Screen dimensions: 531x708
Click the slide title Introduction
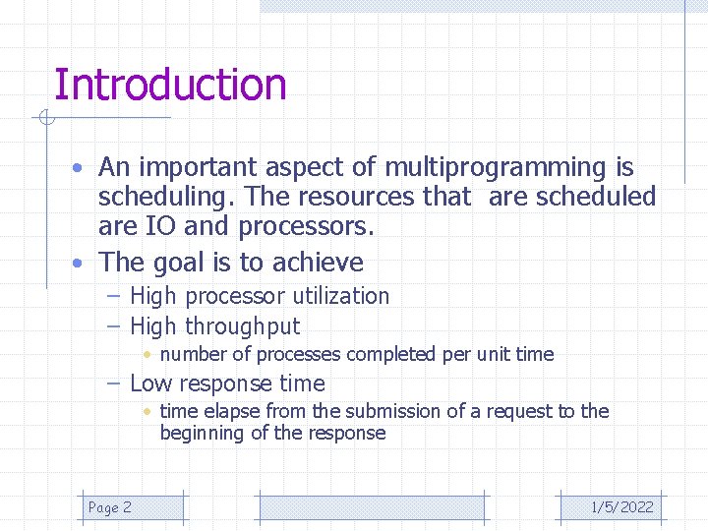tap(170, 85)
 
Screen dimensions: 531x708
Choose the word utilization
tap(332, 296)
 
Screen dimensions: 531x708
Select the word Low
tap(150, 383)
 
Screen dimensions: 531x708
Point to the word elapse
tap(227, 411)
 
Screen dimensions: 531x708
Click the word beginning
tap(204, 433)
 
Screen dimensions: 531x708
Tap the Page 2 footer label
tap(109, 507)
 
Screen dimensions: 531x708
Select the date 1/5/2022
tap(621, 507)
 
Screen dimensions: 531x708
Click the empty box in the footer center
tap(372, 507)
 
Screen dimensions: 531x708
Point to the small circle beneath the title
tap(45, 119)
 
